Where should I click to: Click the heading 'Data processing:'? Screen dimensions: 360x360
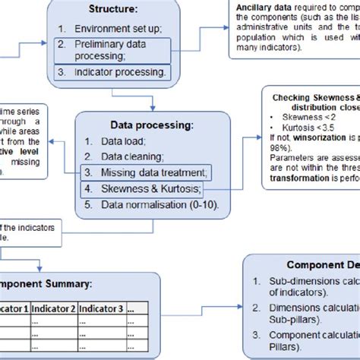pos(152,124)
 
